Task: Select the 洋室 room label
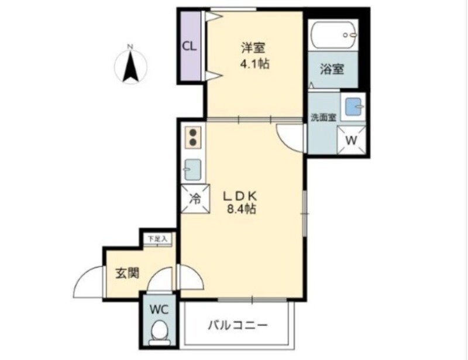pos(253,47)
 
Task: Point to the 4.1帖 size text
pos(254,64)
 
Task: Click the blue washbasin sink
pos(354,107)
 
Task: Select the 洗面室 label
pos(323,116)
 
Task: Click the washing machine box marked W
pos(352,140)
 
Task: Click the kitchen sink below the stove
pos(193,170)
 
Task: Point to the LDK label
pos(242,195)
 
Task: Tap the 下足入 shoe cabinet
pos(157,239)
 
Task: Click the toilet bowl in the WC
pos(159,332)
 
